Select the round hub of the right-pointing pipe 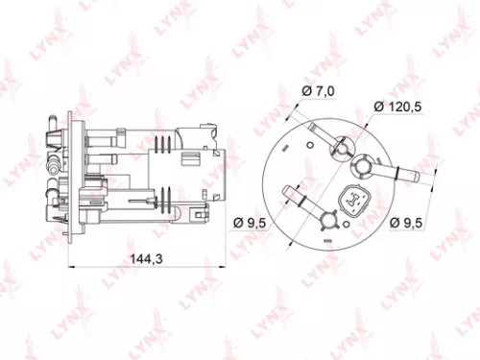(366, 165)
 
